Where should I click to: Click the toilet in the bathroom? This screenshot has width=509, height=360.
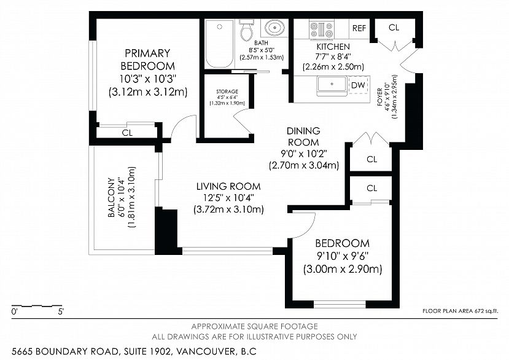coord(247,30)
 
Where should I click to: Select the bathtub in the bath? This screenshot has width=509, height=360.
coord(219,43)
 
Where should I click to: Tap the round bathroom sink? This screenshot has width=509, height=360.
coord(274,28)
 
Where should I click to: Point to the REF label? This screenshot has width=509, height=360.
coord(359,28)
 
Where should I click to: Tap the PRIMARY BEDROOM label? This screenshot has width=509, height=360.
coord(147,60)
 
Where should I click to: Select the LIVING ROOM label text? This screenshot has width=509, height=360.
coord(228,186)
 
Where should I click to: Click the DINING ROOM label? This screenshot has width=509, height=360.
coord(303,136)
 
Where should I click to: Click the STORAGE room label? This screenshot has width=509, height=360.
coord(227,92)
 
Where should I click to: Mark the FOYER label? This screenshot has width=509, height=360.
coord(381,96)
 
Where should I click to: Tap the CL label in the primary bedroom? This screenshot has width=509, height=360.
coord(127,132)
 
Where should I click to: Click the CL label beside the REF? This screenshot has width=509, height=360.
coord(394,28)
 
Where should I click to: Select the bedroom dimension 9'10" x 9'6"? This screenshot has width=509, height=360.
coord(342,256)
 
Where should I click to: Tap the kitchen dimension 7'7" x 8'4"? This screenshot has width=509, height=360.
coord(333,57)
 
